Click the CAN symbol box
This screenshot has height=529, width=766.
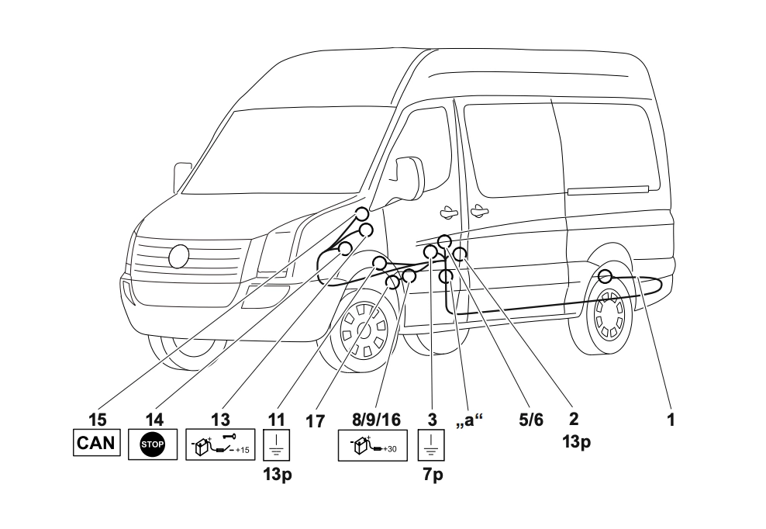[97, 444]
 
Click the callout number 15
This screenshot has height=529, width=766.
[97, 420]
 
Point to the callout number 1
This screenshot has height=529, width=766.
[671, 420]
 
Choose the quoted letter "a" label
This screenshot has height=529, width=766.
[473, 421]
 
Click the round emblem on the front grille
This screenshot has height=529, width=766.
[179, 256]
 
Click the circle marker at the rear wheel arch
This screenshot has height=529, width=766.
[606, 275]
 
